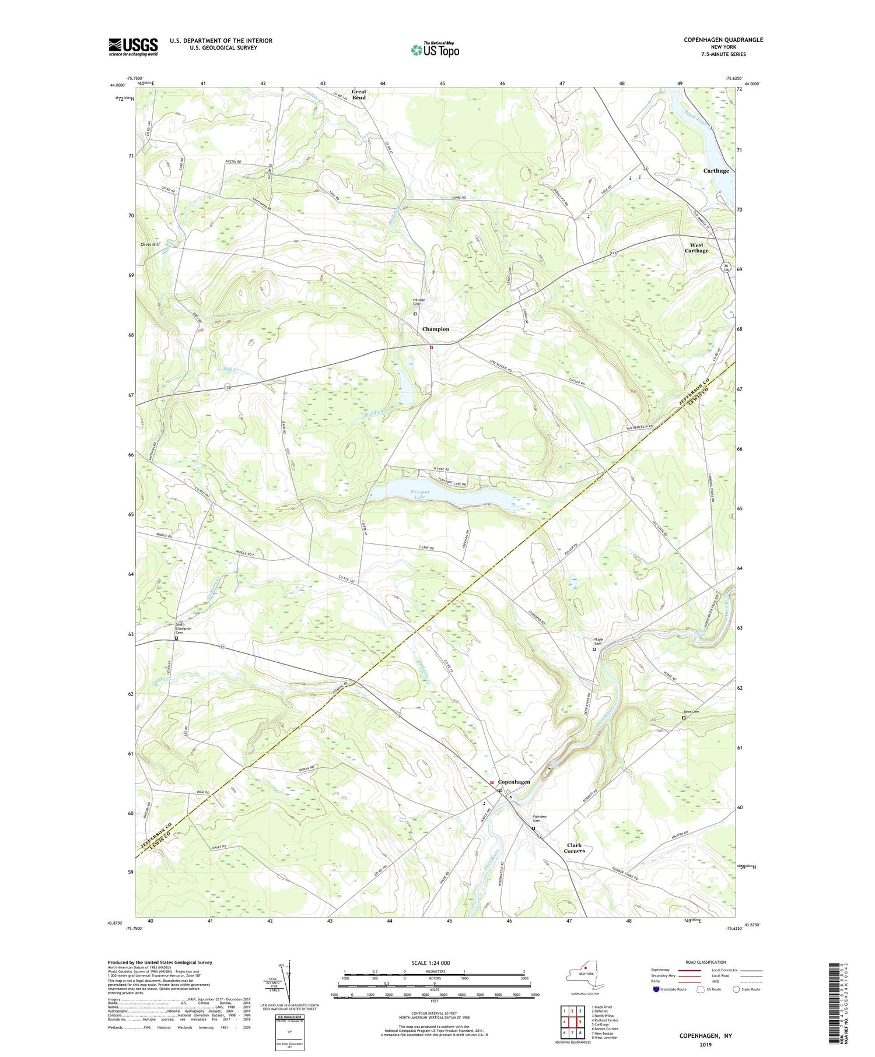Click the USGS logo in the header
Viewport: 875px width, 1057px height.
pos(133,47)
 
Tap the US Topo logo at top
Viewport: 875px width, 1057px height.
pos(435,50)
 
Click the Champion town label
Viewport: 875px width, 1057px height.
pos(436,329)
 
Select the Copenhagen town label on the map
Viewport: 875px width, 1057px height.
pos(514,782)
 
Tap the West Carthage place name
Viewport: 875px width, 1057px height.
pos(696,248)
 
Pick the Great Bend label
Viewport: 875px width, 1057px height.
pos(359,94)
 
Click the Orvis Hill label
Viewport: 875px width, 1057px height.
pos(150,244)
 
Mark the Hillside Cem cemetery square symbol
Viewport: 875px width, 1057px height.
pos(415,314)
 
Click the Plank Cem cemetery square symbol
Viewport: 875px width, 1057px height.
pos(594,649)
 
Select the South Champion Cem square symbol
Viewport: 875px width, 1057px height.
pos(176,638)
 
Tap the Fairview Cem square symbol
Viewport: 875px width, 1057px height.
pos(533,828)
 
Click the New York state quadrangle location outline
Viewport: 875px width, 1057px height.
pos(583,979)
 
